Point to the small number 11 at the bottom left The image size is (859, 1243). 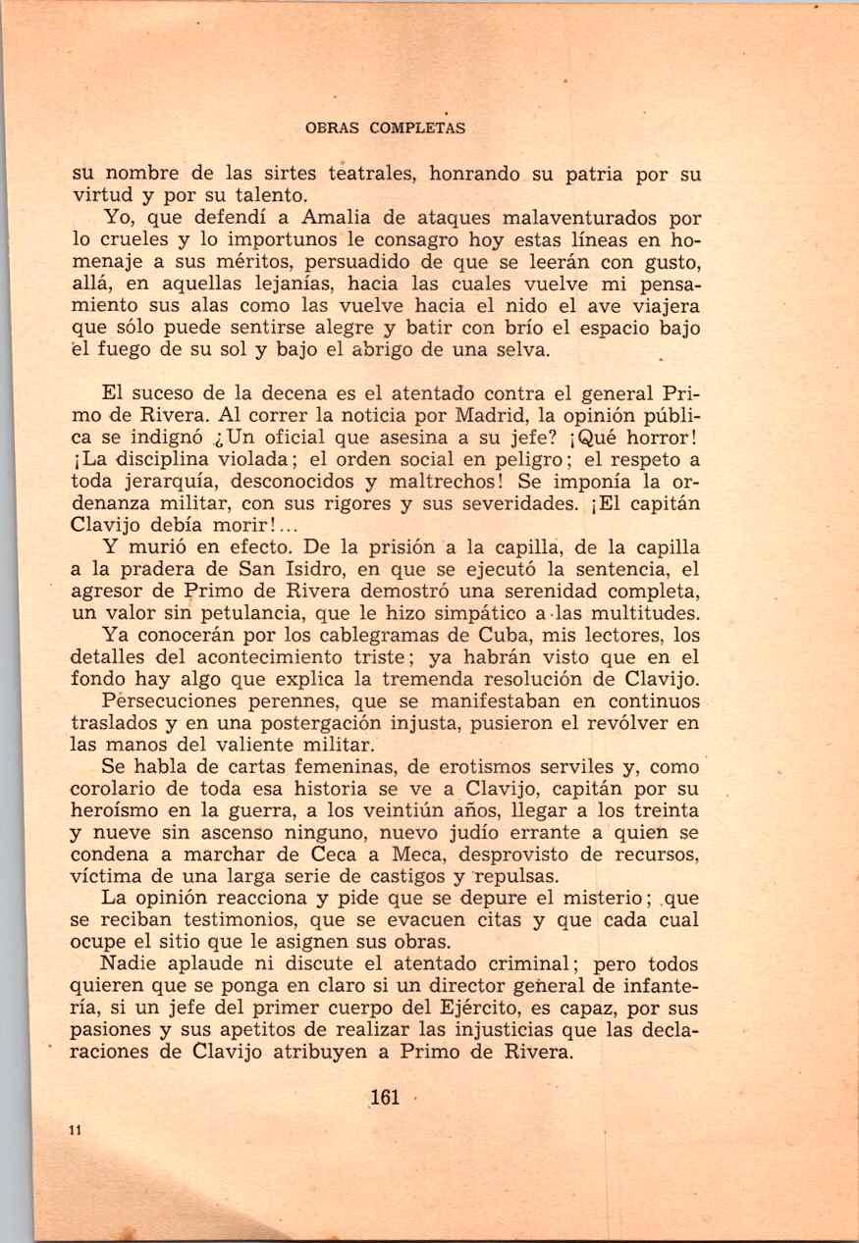75,1130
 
